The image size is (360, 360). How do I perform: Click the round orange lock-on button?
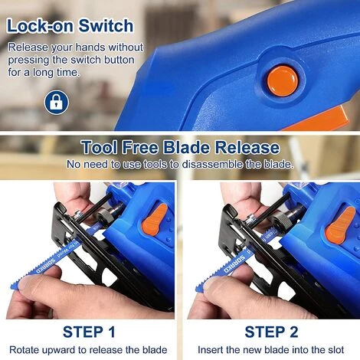(283, 81)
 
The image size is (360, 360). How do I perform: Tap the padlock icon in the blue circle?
(57, 103)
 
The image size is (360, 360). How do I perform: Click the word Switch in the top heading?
(106, 26)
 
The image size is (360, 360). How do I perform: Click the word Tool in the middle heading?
(100, 148)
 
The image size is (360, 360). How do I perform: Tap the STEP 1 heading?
(89, 332)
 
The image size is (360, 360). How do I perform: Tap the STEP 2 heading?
(271, 332)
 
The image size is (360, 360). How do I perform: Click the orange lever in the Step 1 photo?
(155, 219)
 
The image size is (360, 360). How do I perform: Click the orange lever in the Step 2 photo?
(341, 225)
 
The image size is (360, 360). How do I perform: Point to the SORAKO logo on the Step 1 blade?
(46, 266)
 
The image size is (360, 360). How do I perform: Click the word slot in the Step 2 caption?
(336, 350)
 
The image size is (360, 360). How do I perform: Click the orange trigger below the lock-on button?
(319, 120)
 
